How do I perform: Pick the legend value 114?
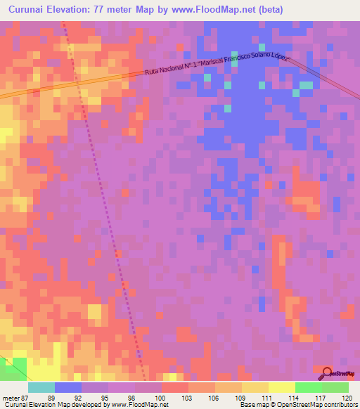point(295,397)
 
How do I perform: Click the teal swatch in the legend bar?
point(41,387)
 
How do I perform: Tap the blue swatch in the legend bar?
point(68,387)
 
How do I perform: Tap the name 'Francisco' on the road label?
point(240,60)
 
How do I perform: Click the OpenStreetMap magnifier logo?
point(328,373)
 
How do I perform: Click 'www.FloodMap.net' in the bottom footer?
point(137,405)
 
